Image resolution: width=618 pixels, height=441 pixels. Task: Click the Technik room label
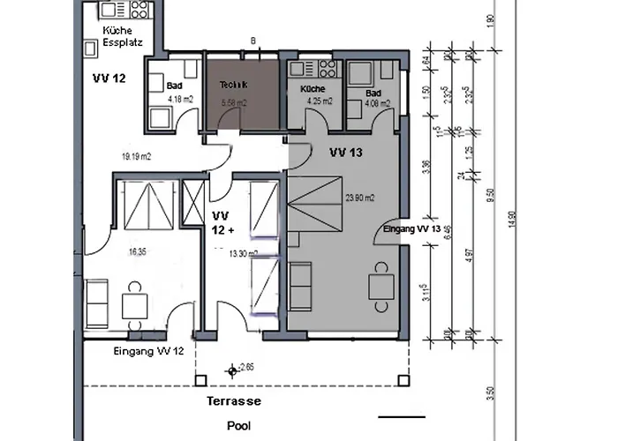[234, 85]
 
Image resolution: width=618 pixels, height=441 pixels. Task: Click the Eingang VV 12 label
[148, 351]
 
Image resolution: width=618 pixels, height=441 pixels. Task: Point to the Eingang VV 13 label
[411, 229]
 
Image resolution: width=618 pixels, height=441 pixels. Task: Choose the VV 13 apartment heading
[346, 152]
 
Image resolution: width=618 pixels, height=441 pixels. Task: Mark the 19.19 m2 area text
[138, 157]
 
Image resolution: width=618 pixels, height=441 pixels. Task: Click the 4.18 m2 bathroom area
[180, 99]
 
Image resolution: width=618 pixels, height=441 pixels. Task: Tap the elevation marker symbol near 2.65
[232, 371]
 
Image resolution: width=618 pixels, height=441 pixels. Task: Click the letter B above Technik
[253, 41]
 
